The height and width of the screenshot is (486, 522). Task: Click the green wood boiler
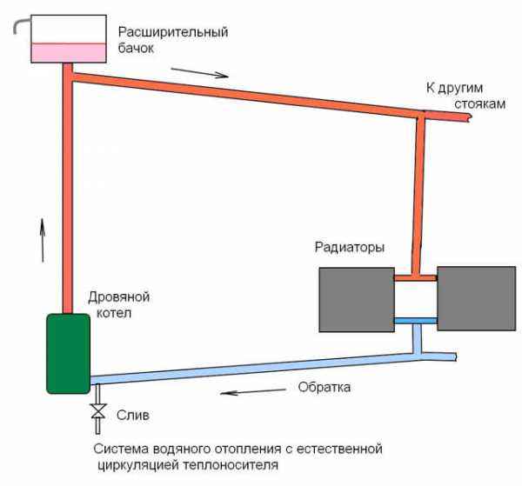pos(67,353)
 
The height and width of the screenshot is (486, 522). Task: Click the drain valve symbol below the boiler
pos(98,414)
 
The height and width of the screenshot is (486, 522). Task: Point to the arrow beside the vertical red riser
pos(40,240)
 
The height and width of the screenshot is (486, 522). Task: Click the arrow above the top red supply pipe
pos(207,72)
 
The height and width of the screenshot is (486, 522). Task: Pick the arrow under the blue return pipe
pos(243,392)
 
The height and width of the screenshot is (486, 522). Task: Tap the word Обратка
pos(324,387)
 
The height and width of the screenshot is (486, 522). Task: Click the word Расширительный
pos(173,33)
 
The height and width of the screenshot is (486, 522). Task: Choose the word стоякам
pos(479,103)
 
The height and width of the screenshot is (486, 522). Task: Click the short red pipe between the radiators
pos(416,278)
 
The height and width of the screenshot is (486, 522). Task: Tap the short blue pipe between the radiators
pos(416,322)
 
